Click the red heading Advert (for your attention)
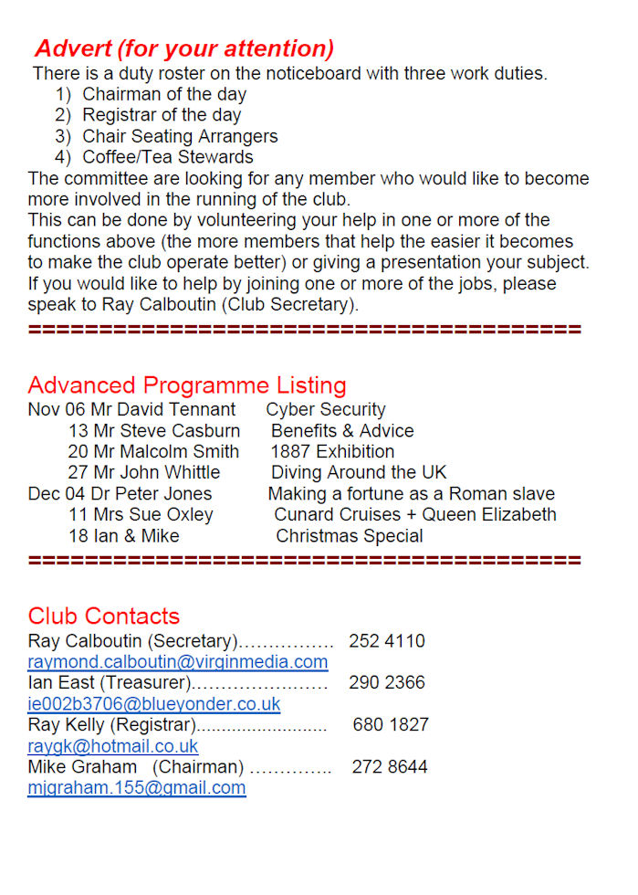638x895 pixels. tap(183, 48)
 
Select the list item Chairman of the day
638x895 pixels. tap(164, 94)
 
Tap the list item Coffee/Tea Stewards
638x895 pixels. tap(168, 157)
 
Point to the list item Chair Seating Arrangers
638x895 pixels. tap(180, 136)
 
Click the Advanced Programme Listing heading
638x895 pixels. tap(187, 385)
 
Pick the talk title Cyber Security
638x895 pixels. tap(326, 410)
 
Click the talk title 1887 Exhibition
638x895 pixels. tap(332, 452)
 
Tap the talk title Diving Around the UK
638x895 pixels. tap(359, 473)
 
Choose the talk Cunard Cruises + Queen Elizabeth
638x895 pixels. tap(415, 515)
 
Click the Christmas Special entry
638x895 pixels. tap(350, 536)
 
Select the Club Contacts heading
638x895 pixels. tap(104, 616)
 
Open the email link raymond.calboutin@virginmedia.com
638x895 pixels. tap(177, 662)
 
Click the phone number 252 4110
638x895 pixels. tap(386, 641)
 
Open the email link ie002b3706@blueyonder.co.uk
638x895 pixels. tap(154, 704)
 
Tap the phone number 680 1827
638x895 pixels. tap(391, 725)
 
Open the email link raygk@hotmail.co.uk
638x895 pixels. tap(112, 746)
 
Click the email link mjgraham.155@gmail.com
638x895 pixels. tap(136, 787)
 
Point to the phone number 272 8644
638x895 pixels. tap(390, 767)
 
